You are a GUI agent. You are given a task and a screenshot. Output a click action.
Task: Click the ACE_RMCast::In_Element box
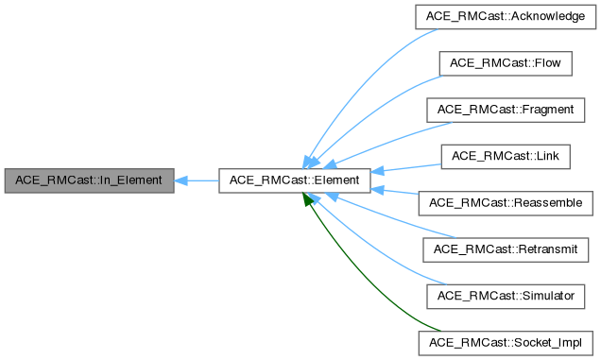(x=89, y=180)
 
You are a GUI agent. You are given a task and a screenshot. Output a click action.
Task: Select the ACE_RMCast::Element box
(x=294, y=180)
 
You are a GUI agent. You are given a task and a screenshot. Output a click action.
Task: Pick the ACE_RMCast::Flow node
(x=507, y=63)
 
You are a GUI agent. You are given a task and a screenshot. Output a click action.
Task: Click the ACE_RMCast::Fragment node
(x=507, y=110)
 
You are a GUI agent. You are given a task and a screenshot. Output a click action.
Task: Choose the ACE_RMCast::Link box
(x=507, y=156)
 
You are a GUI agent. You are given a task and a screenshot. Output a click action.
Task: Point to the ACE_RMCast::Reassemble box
(x=507, y=202)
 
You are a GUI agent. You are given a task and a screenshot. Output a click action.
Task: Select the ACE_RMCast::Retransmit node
(x=507, y=249)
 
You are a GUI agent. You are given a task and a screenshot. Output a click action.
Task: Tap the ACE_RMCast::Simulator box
(x=507, y=295)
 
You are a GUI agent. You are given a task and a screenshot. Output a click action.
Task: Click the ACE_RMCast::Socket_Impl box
(x=507, y=341)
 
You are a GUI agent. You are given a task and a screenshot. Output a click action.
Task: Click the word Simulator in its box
(x=545, y=295)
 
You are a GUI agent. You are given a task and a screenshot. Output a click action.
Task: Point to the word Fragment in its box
(x=544, y=110)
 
